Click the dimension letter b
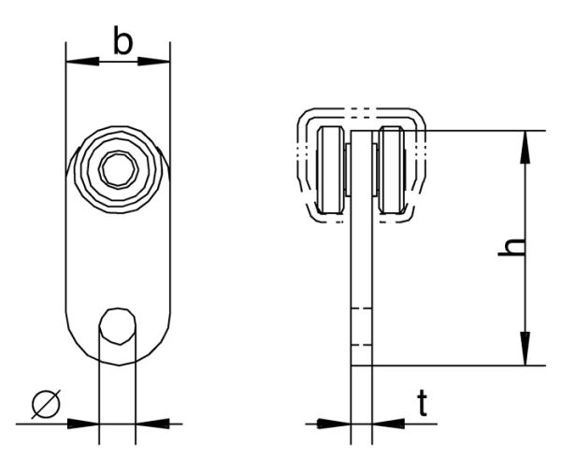(x=122, y=41)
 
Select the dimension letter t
(x=424, y=404)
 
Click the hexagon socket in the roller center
(x=117, y=171)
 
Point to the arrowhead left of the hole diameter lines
(x=87, y=423)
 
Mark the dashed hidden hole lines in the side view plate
(x=361, y=327)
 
